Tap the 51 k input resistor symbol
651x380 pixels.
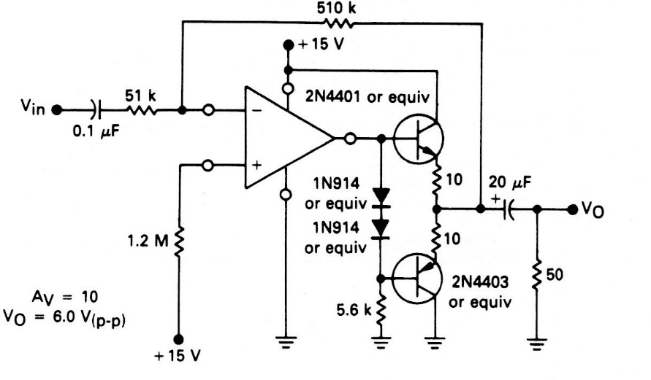[x=143, y=111]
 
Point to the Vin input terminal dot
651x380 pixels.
[x=58, y=111]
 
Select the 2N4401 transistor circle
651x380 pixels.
[x=419, y=139]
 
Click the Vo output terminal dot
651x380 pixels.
[x=572, y=209]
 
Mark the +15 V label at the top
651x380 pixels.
[x=322, y=42]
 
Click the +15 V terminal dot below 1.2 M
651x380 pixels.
[x=178, y=340]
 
